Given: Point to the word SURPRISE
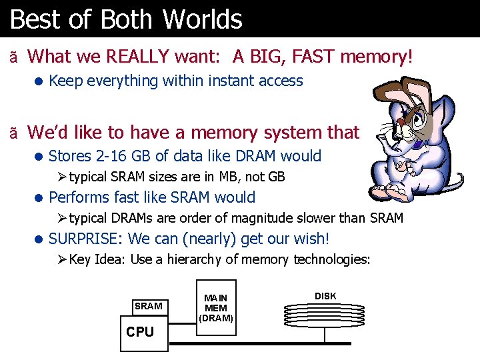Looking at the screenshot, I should pyautogui.click(x=85, y=239).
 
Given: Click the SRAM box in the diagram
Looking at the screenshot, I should pyautogui.click(x=148, y=306).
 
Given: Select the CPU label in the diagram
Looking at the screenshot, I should pyautogui.click(x=140, y=331).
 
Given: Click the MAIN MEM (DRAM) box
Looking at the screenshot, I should pyautogui.click(x=215, y=308).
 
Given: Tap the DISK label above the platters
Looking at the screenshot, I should pyautogui.click(x=325, y=296).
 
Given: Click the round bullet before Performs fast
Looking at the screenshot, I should pyautogui.click(x=40, y=198).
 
